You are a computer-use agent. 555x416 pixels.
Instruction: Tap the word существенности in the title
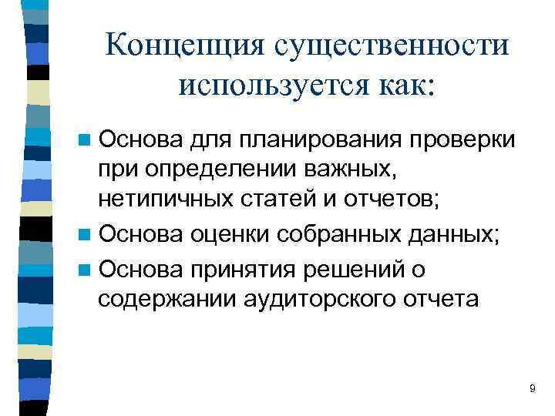pos(390,45)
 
